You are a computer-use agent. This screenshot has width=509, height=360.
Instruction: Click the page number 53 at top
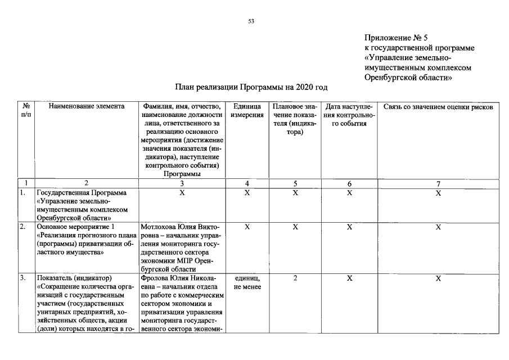pyautogui.click(x=251, y=21)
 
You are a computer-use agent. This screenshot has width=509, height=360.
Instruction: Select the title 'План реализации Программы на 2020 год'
pyautogui.click(x=251, y=87)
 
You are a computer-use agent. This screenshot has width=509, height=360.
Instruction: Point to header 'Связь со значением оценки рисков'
pyautogui.click(x=438, y=106)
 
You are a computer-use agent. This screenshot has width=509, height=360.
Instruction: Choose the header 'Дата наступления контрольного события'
pyautogui.click(x=349, y=115)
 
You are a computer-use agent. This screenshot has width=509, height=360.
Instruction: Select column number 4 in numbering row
pyautogui.click(x=247, y=183)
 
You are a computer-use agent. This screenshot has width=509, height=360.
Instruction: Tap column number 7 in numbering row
pyautogui.click(x=438, y=183)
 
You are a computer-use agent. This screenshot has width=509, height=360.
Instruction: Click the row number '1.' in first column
pyautogui.click(x=22, y=192)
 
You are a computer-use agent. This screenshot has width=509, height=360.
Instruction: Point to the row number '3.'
pyautogui.click(x=22, y=278)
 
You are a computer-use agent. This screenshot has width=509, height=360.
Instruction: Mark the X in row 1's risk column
pyautogui.click(x=438, y=193)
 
